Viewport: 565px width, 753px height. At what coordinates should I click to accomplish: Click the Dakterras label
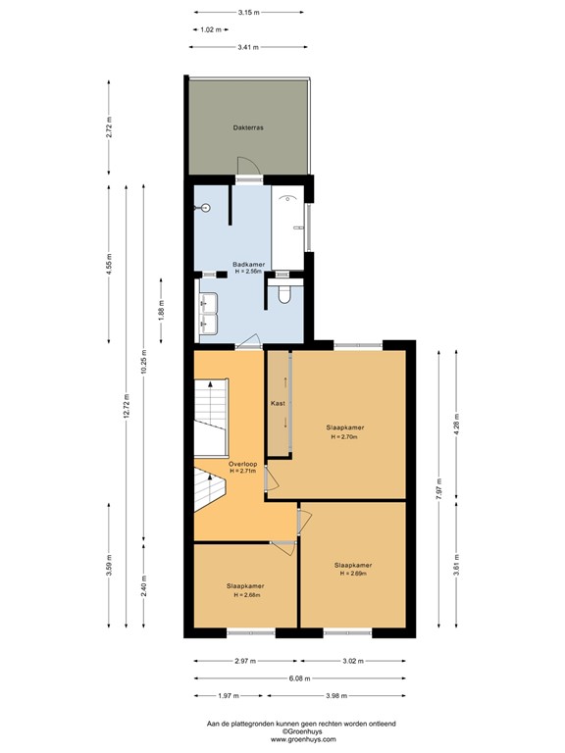(x=248, y=128)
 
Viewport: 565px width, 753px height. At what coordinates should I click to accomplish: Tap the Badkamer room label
(x=248, y=264)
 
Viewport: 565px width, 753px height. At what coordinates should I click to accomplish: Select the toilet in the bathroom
(x=286, y=293)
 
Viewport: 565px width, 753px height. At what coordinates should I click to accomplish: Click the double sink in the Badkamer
(x=209, y=312)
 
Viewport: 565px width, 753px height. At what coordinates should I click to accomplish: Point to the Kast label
(x=278, y=403)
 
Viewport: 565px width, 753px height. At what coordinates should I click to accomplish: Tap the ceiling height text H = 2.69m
(x=352, y=574)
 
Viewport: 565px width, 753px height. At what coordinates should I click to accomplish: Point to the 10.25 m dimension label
(x=143, y=363)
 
